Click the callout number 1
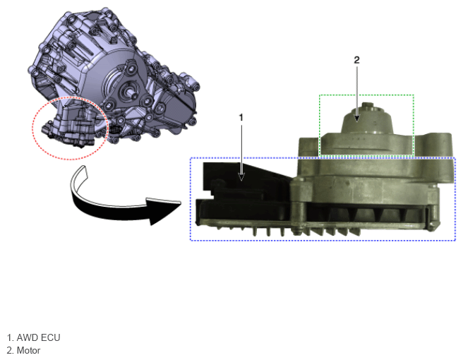(x=241, y=118)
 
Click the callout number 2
(x=356, y=60)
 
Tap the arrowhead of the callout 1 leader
(x=241, y=177)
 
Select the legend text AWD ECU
(x=38, y=337)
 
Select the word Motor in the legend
(x=28, y=351)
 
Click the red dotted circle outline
(x=71, y=97)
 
